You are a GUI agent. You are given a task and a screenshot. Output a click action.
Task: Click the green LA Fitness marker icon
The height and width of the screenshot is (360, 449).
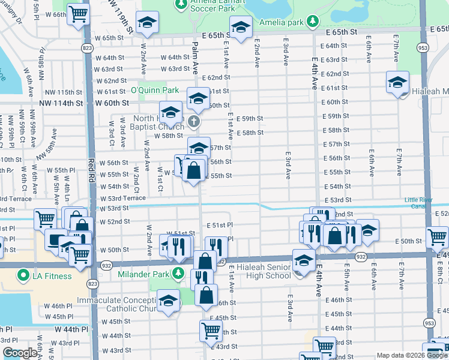23,277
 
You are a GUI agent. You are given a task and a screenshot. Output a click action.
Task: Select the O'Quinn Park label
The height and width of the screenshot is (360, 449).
155,90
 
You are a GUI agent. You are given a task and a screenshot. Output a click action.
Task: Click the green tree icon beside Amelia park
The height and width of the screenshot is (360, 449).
312,23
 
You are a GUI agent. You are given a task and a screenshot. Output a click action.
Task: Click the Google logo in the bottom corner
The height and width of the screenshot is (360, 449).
20,353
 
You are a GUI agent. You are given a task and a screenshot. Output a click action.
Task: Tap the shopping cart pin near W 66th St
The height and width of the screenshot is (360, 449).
78,13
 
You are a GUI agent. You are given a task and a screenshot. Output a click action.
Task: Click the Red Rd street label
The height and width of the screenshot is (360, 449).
92,170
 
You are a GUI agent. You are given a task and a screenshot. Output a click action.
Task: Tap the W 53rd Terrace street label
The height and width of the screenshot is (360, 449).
123,198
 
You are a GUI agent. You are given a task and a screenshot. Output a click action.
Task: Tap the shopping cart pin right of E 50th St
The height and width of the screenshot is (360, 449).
437,236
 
